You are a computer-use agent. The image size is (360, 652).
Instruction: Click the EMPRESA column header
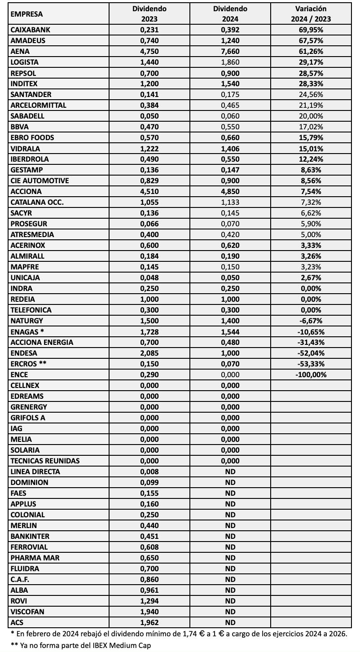(26, 14)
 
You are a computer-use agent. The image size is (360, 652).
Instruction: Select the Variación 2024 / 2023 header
(310, 14)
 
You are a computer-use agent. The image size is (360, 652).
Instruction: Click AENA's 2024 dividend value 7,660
(230, 52)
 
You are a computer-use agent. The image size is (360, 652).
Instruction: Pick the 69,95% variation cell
(310, 30)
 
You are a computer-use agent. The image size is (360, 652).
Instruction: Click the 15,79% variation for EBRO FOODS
(310, 138)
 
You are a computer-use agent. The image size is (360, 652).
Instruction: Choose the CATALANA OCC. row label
(37, 203)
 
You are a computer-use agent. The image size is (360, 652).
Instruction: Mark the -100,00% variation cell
(310, 374)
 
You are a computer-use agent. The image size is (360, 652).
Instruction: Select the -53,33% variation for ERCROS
(310, 364)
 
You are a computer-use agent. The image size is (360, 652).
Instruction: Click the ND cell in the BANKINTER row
(230, 536)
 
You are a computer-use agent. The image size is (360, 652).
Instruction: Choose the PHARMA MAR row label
(34, 558)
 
